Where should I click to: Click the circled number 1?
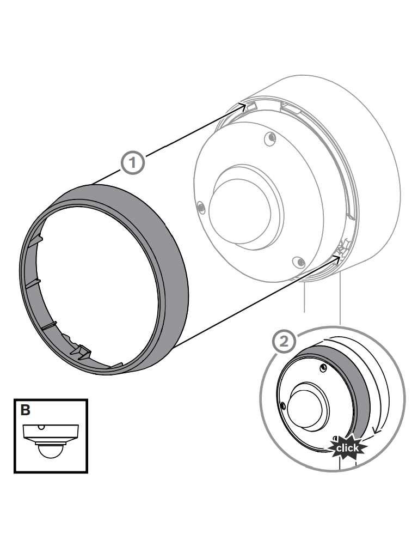coord(133,162)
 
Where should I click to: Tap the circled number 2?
coord(284,341)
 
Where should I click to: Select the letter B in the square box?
coord(25,410)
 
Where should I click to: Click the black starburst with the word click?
coord(347,447)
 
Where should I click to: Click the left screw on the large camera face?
coord(201,207)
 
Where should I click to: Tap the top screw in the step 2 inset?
coord(323,368)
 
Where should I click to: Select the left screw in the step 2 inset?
coord(283,405)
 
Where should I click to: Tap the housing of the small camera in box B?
coord(51,432)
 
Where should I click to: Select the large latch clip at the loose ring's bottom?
coord(81,351)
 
